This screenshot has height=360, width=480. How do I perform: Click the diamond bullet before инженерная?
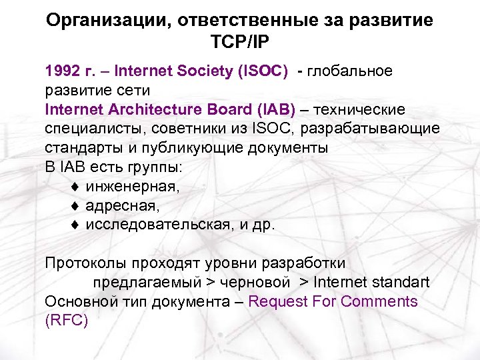pos(75,187)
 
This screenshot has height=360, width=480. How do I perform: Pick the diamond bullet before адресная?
pos(75,206)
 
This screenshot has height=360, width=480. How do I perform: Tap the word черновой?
pos(250,282)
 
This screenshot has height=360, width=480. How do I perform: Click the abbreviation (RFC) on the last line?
pos(66,320)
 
